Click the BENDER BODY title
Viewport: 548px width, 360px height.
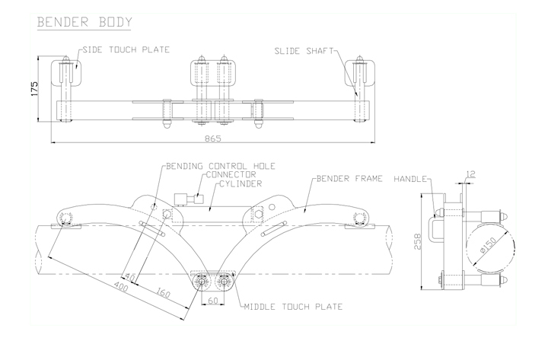pyautogui.click(x=84, y=22)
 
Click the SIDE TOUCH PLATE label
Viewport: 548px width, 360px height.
pyautogui.click(x=126, y=49)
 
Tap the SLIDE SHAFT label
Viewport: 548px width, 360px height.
pyautogui.click(x=304, y=51)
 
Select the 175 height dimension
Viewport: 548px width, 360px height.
pyautogui.click(x=34, y=89)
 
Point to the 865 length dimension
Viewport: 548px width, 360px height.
pyautogui.click(x=213, y=139)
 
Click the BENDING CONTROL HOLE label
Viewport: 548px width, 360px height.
pyautogui.click(x=221, y=166)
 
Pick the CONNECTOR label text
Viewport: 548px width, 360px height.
pyautogui.click(x=231, y=174)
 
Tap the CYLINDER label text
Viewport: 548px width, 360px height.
pyautogui.click(x=241, y=184)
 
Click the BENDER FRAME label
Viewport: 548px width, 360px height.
pyautogui.click(x=349, y=179)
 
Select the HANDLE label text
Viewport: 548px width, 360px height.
pyautogui.click(x=410, y=179)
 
